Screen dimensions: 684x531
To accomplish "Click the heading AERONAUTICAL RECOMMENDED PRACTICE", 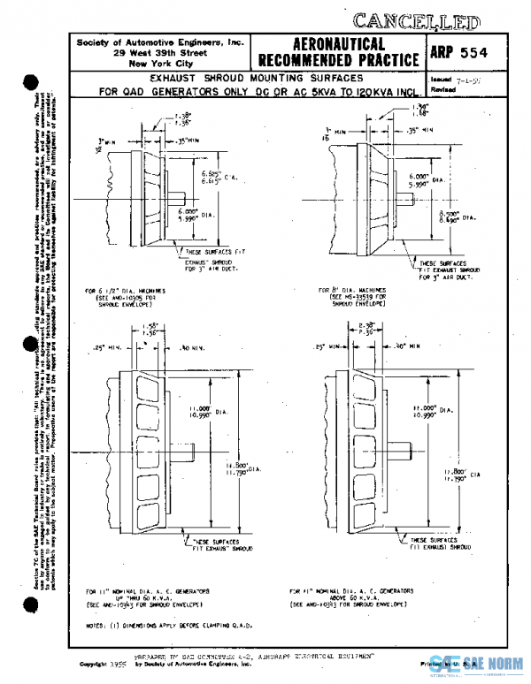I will click(336, 52).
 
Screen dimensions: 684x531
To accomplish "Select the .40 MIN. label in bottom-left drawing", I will click(192, 348).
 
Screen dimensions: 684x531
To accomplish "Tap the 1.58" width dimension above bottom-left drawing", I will click(148, 330).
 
